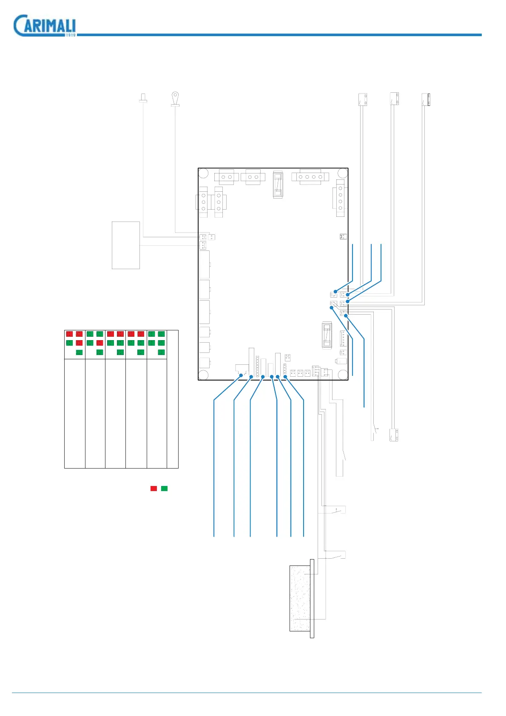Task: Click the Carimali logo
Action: pos(44,26)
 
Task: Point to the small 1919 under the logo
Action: pos(71,35)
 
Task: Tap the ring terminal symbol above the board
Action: pos(175,98)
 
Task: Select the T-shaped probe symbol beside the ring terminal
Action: pos(143,98)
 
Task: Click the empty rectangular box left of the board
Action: pos(126,245)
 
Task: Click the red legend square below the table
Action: pos(154,489)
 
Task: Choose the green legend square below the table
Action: pos(165,489)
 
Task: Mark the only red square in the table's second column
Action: pos(100,343)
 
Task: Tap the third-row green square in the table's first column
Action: pos(79,352)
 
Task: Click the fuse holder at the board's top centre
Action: pos(278,185)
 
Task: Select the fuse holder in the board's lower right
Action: pos(327,335)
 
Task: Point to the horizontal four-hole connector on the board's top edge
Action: pos(310,176)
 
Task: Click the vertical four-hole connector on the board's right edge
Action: pos(341,198)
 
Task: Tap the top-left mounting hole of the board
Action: pos(204,173)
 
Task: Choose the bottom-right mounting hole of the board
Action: pos(343,375)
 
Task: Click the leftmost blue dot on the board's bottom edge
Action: pos(241,375)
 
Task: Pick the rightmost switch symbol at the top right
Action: pos(426,99)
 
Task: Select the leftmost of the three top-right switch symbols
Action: pos(362,99)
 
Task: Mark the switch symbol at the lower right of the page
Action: pos(394,435)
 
